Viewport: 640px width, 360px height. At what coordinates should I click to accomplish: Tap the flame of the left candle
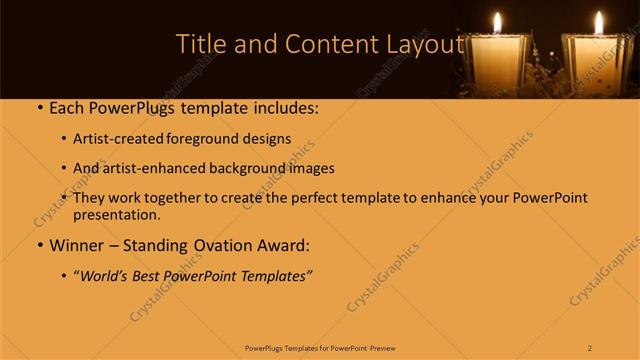pos(497,22)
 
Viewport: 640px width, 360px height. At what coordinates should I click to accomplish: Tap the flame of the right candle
pos(599,22)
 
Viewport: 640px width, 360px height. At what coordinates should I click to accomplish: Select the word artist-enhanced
pos(156,168)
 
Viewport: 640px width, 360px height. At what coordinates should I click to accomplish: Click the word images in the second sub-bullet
pos(309,168)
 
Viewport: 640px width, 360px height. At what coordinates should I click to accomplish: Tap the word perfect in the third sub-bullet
pos(305,198)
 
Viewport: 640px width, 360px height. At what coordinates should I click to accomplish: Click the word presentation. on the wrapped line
pos(116,214)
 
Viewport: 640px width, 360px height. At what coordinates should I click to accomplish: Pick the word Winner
pos(77,244)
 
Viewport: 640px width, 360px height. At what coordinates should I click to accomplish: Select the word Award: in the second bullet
pos(281,244)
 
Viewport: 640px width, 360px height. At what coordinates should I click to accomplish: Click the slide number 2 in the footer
pos(590,347)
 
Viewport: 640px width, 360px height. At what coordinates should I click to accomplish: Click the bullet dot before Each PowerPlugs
pos(39,107)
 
